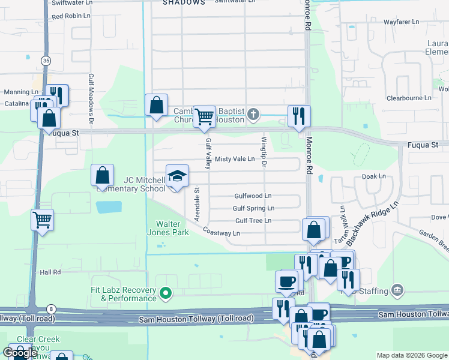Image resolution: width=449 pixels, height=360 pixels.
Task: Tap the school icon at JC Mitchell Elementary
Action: [177, 176]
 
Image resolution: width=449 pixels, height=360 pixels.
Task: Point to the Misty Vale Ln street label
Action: [235, 159]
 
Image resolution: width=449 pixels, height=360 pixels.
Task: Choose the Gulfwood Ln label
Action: [253, 196]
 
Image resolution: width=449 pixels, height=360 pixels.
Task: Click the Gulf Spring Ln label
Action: [253, 208]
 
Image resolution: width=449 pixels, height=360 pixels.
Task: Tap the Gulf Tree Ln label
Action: [253, 221]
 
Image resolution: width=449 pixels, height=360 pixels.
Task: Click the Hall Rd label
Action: [50, 272]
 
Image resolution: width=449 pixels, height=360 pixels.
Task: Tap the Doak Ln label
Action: [373, 176]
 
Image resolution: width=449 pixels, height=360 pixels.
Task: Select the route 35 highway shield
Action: [46, 61]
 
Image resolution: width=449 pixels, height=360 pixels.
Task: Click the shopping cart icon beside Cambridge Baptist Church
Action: [204, 116]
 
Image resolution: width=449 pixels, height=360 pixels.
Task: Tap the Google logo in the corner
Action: [20, 353]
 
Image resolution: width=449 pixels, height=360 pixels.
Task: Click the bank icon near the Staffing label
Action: [397, 291]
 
